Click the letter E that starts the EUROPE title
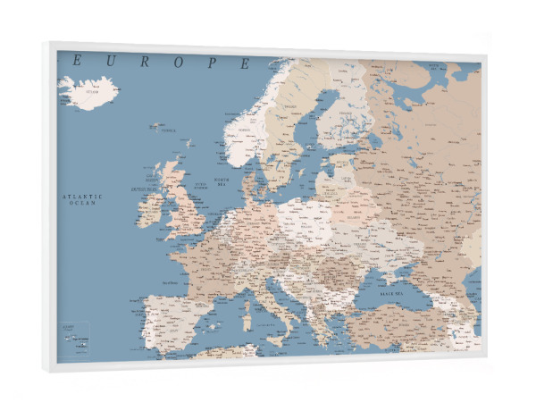tap(78, 60)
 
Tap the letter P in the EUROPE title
tap(214, 63)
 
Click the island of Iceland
tap(88, 92)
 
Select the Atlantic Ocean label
tap(82, 199)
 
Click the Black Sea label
tap(392, 293)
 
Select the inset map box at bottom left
tap(73, 337)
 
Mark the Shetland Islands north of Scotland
tap(188, 142)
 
